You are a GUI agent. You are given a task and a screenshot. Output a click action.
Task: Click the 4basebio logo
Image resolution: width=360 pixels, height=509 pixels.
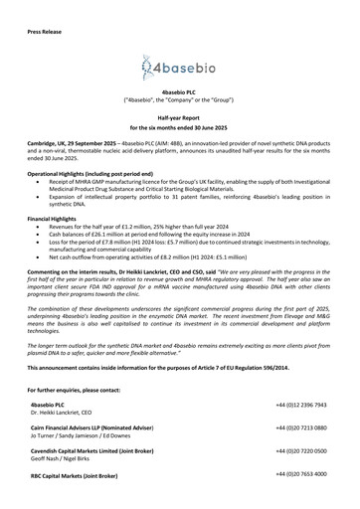[179, 68]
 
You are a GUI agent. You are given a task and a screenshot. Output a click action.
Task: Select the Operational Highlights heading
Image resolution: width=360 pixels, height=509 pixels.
[91, 173]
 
